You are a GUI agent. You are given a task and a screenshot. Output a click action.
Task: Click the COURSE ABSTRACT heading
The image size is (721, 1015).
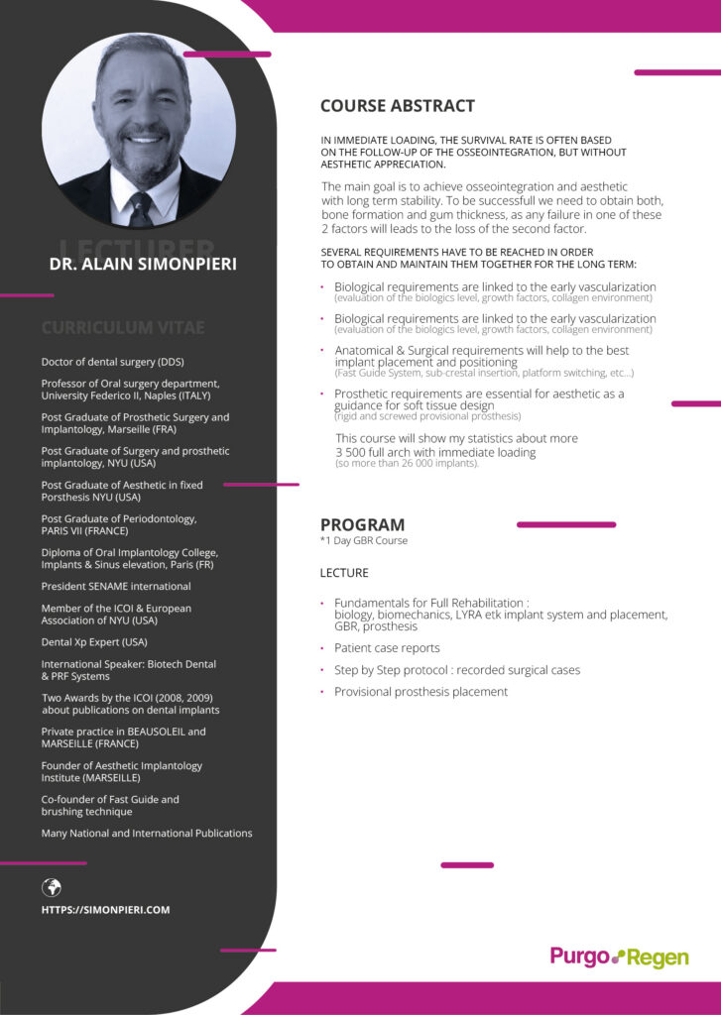pyautogui.click(x=397, y=106)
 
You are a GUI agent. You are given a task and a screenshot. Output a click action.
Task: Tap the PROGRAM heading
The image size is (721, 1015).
pyautogui.click(x=362, y=524)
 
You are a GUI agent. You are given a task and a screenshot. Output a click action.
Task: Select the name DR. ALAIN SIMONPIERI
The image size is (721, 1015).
pyautogui.click(x=143, y=265)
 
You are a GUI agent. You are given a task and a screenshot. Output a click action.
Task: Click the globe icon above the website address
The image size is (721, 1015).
pyautogui.click(x=52, y=887)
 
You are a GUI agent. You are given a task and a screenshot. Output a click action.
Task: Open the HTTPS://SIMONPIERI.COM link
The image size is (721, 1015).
pyautogui.click(x=105, y=910)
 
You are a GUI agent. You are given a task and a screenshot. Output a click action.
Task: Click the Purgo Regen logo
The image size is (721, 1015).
pyautogui.click(x=619, y=957)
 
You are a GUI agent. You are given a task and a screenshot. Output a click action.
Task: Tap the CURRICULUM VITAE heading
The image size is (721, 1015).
pyautogui.click(x=123, y=327)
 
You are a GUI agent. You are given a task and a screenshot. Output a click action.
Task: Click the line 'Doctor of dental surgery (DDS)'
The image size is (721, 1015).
pyautogui.click(x=112, y=362)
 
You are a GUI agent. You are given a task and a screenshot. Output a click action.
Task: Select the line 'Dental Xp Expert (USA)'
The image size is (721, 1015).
pyautogui.click(x=94, y=641)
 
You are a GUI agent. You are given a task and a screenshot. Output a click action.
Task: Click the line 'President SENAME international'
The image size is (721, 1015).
pyautogui.click(x=116, y=586)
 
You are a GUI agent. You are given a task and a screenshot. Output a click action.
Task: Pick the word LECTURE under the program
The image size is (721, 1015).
pyautogui.click(x=344, y=573)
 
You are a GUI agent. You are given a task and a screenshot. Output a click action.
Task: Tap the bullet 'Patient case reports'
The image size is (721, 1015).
pyautogui.click(x=386, y=648)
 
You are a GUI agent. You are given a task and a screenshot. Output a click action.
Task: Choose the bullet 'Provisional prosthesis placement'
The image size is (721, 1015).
pyautogui.click(x=420, y=692)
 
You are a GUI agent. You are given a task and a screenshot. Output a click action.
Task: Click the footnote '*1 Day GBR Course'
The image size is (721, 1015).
pyautogui.click(x=363, y=541)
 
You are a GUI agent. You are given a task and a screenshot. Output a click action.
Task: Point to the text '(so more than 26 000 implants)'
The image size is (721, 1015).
pyautogui.click(x=407, y=464)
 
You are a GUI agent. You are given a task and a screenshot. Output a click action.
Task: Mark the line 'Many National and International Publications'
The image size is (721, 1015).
pyautogui.click(x=147, y=834)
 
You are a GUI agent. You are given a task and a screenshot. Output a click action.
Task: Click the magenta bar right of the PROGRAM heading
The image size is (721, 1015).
pyautogui.click(x=565, y=524)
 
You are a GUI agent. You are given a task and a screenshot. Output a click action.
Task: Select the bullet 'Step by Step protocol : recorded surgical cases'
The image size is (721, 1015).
pyautogui.click(x=456, y=670)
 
